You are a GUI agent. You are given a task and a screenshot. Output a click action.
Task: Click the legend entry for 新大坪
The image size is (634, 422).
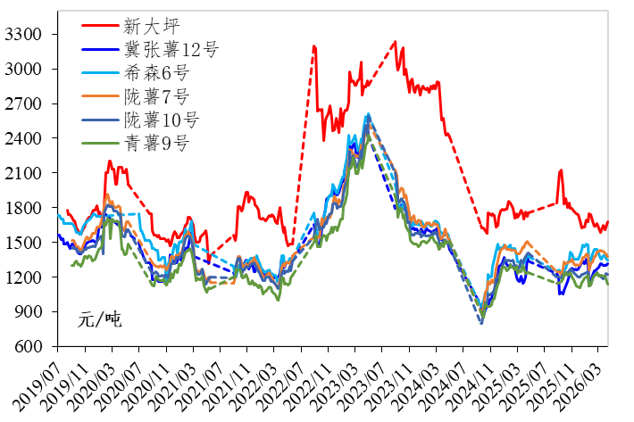[x=148, y=26]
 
